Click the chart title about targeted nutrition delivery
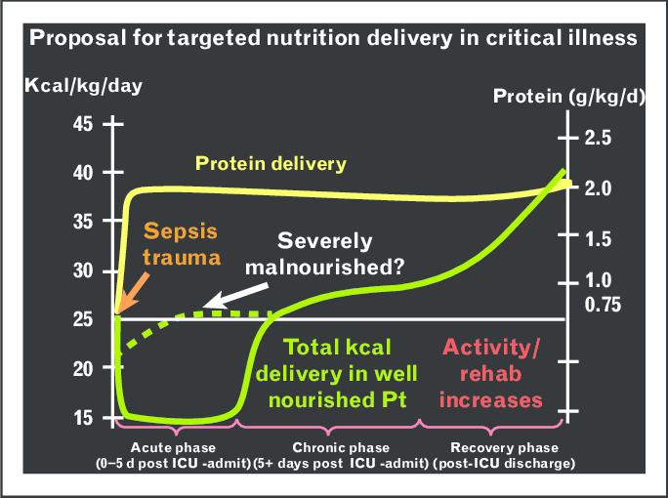(333, 38)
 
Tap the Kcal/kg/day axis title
(84, 86)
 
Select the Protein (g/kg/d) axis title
(568, 97)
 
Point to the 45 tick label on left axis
(83, 124)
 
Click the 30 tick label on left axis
(83, 270)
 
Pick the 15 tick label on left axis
(83, 418)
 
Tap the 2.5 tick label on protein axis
(598, 138)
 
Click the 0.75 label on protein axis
(603, 305)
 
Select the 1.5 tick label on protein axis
(598, 239)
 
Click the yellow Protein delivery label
(271, 164)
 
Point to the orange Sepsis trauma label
(182, 244)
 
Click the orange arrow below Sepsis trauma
(133, 294)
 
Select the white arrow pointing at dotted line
(235, 296)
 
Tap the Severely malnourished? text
(324, 254)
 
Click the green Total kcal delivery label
(337, 374)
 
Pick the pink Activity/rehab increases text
(491, 374)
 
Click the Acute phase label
(173, 455)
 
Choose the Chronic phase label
(341, 455)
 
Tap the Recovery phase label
(504, 455)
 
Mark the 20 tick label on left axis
(83, 368)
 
